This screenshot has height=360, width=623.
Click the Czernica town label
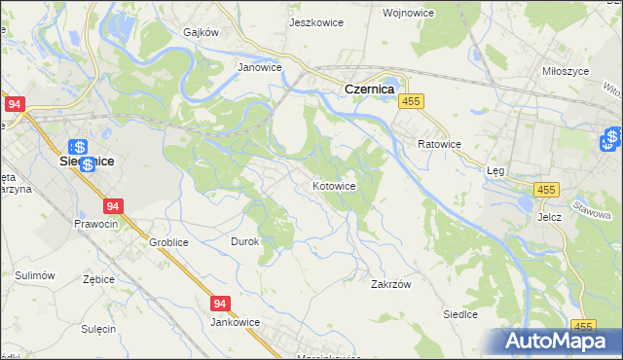point(368,89)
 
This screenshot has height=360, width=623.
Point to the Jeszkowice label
point(315,21)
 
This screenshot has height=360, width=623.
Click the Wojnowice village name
point(435,13)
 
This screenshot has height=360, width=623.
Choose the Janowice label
point(260,68)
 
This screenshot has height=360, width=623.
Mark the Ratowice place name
point(439,144)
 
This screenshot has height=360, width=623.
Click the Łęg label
point(495,169)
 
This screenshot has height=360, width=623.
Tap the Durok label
point(244,241)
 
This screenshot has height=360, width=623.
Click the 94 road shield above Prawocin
point(114,206)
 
